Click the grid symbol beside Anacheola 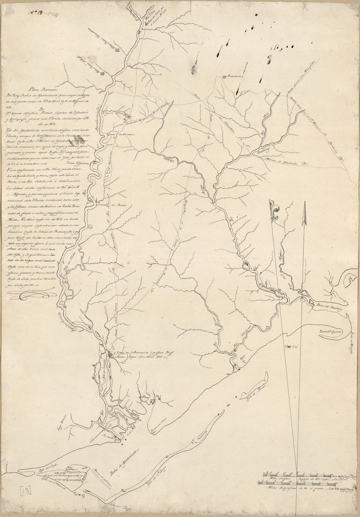(224, 77)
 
